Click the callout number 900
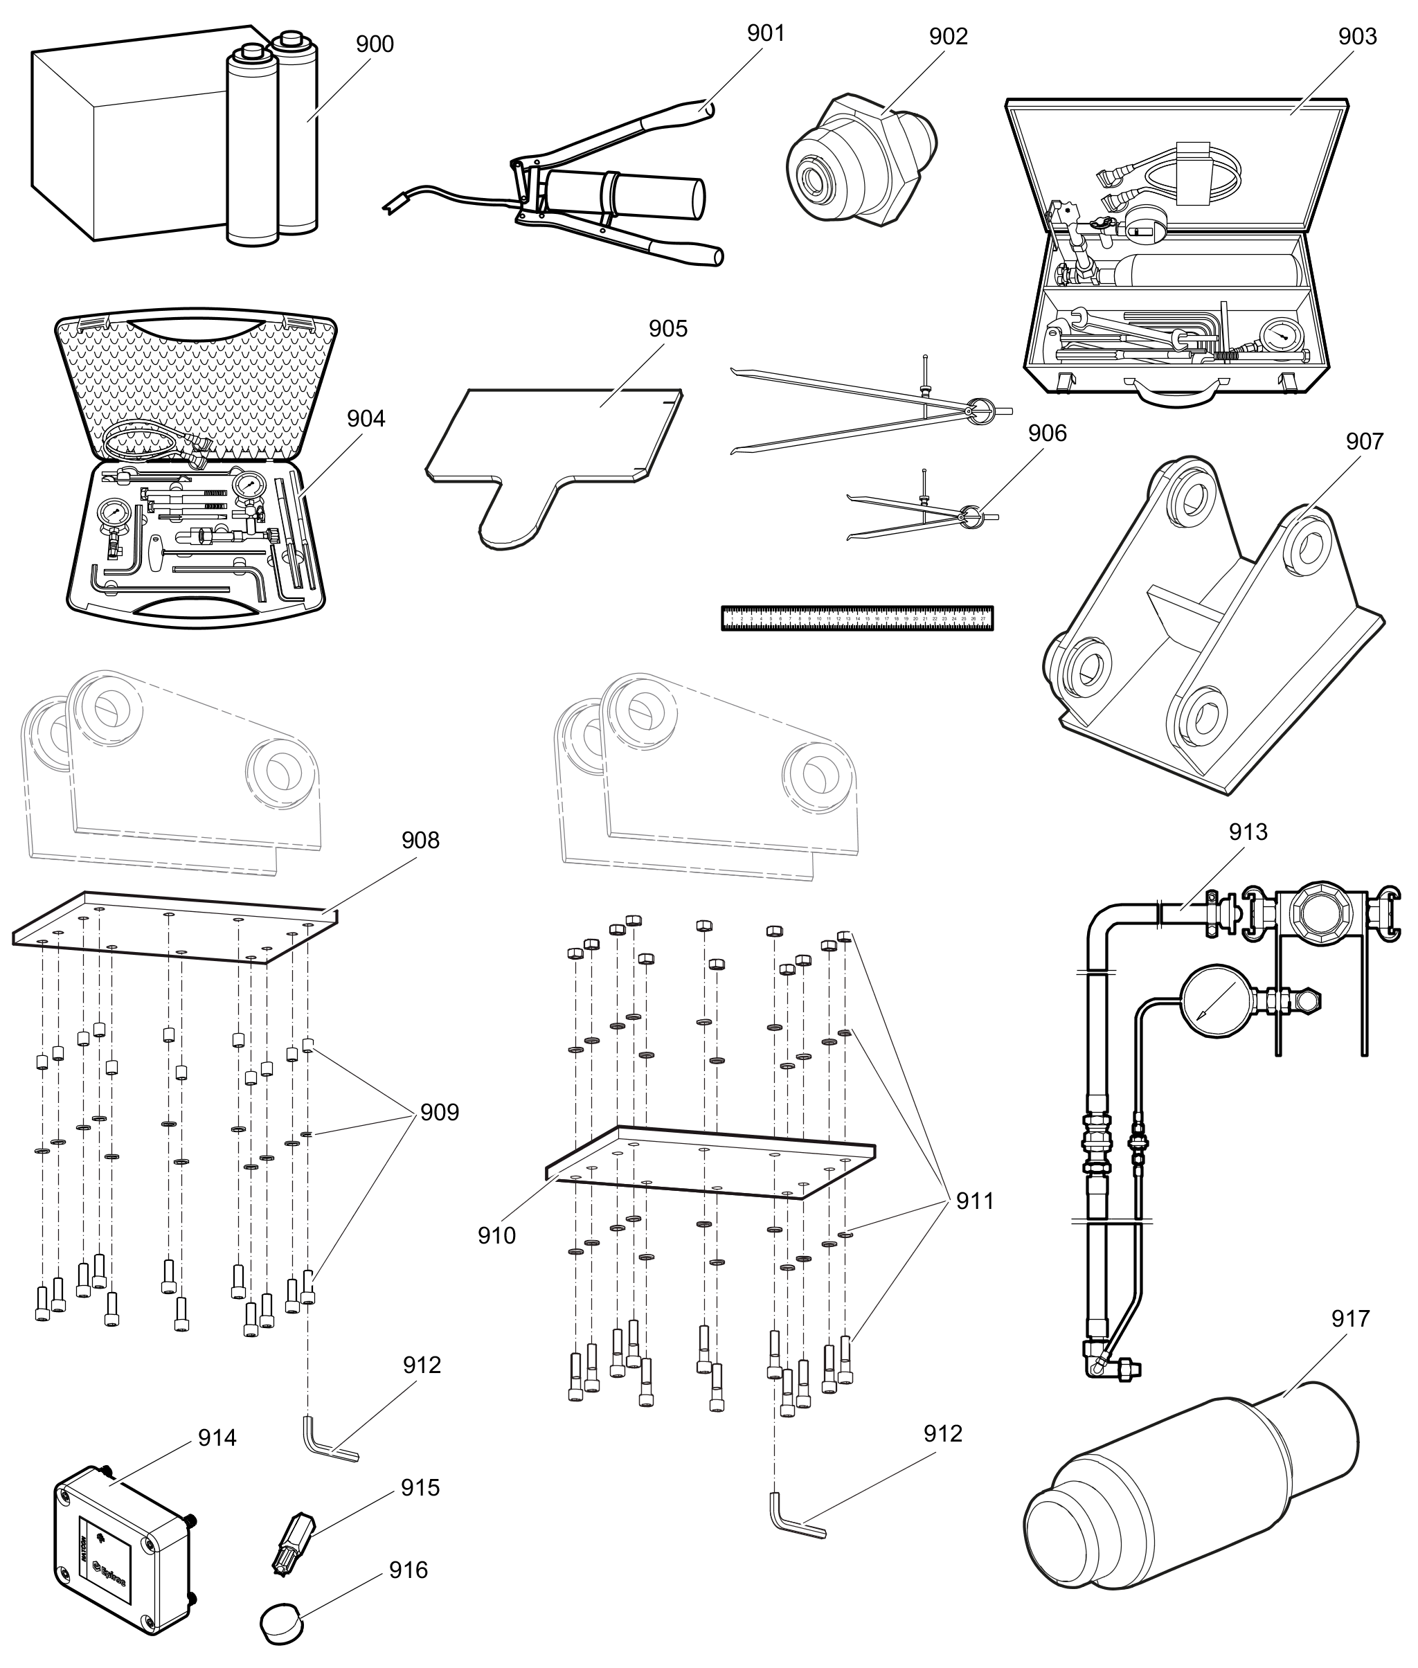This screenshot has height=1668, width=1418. (x=375, y=44)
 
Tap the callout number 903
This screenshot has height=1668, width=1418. (x=1358, y=36)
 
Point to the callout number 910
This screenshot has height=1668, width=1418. (x=496, y=1235)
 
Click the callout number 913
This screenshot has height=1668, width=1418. (x=1248, y=832)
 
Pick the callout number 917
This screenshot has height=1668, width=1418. (x=1349, y=1319)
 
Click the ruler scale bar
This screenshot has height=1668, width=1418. (x=857, y=618)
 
